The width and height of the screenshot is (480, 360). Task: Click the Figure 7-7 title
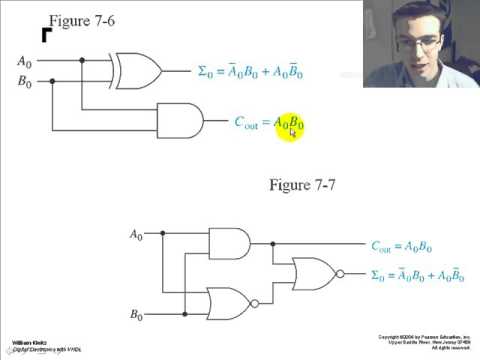coord(305,185)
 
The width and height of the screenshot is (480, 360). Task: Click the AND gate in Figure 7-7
coord(229,243)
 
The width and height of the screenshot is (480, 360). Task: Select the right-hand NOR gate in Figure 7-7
coord(313,273)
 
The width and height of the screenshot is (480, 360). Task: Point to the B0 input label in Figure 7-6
coord(24,84)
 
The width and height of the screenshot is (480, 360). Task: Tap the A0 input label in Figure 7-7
coord(137,235)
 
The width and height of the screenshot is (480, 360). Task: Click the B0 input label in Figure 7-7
coord(137,315)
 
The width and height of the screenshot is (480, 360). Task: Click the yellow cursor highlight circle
coord(289,126)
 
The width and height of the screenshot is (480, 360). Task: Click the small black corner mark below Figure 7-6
coord(46,36)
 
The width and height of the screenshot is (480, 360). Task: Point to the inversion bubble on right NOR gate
coord(341,273)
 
